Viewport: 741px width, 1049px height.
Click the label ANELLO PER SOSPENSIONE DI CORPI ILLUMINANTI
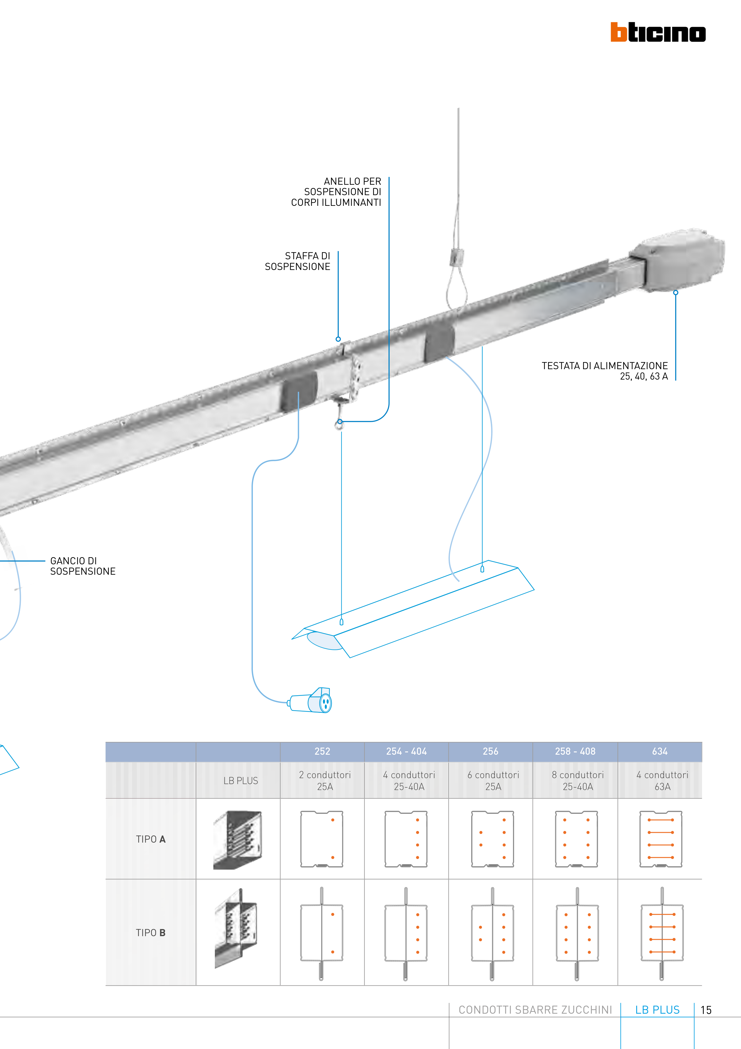pos(337,192)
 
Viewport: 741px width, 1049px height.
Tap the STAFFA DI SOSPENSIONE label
pos(298,261)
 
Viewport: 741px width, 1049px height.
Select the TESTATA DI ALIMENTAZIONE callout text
pos(604,371)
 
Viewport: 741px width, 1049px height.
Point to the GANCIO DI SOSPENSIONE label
pos(82,566)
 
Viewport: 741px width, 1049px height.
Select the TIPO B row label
pos(151,933)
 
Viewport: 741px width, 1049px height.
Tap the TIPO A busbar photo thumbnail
pos(237,840)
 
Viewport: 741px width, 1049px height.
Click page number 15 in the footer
pos(706,1010)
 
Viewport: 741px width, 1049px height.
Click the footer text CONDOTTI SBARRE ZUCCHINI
pos(535,1010)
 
